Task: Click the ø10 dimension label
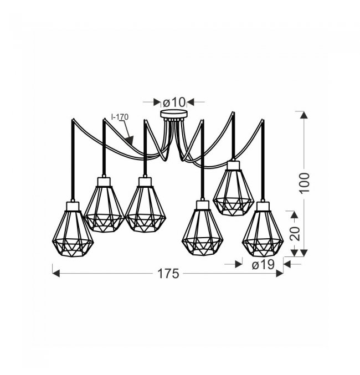(x=174, y=102)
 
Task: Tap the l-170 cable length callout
(x=120, y=117)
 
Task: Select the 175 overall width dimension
(x=168, y=274)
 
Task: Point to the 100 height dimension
(x=304, y=182)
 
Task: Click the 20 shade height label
(x=295, y=233)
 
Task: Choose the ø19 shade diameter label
(x=263, y=265)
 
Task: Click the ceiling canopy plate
(x=174, y=114)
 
